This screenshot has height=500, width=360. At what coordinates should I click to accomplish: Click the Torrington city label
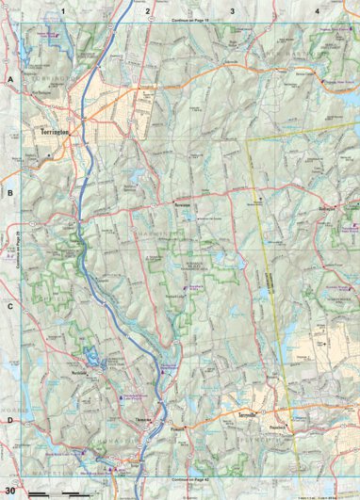click(x=58, y=134)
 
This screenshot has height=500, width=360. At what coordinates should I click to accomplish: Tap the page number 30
click(x=9, y=491)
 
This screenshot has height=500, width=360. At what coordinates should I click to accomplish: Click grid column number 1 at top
click(x=63, y=10)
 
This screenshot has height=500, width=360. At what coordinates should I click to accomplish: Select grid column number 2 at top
click(x=148, y=10)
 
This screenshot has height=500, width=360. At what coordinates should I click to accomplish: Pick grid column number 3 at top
click(x=233, y=10)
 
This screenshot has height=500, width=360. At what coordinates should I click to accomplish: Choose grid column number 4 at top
click(x=317, y=10)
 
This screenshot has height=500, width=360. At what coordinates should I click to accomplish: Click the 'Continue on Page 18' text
click(x=189, y=18)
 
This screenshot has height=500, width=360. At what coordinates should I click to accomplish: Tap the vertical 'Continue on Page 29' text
click(x=18, y=250)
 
